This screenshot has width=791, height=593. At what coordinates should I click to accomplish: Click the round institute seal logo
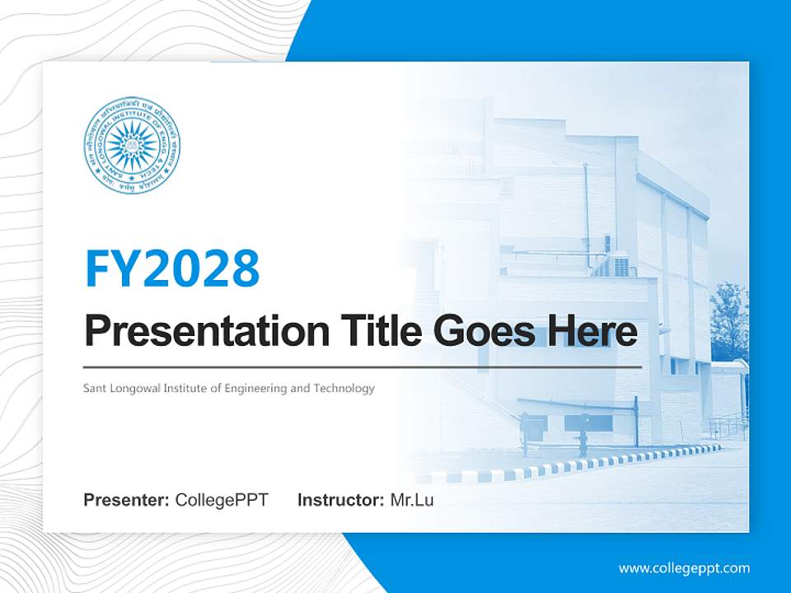coord(132,145)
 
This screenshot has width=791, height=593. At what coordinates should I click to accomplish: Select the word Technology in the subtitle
coord(344,388)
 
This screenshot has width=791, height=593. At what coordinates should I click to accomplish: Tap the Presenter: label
coord(127,500)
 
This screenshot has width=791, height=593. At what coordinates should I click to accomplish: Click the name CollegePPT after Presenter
coord(222,500)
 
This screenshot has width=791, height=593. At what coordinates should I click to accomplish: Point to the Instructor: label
coord(340,500)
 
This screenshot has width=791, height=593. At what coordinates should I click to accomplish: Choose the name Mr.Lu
coord(411,500)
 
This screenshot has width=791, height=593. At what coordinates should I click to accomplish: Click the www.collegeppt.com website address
coord(684,567)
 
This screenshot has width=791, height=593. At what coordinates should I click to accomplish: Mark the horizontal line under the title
coord(363,367)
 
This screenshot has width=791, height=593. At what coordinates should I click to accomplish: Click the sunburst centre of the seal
coord(132,145)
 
